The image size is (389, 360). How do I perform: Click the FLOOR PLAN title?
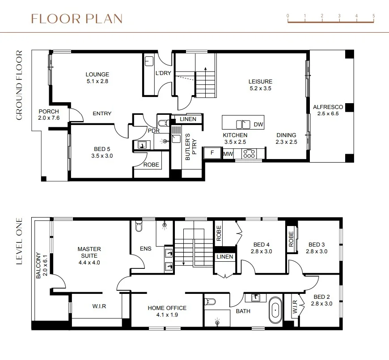[77, 19]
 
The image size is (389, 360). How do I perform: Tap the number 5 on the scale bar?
[374, 16]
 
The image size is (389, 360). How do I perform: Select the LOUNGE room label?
[97, 74]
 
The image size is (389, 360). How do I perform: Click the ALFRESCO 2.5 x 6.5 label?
[328, 110]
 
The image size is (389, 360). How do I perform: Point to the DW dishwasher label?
[258, 124]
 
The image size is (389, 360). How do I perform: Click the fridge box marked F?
[212, 153]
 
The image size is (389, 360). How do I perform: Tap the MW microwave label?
[228, 154]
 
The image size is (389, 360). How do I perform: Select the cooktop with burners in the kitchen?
[249, 154]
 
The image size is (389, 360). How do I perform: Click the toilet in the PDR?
[164, 123]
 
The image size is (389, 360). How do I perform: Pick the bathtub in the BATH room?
[275, 310]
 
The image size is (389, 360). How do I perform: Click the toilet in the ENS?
[139, 226]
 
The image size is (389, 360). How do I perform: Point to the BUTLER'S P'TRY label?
[191, 147]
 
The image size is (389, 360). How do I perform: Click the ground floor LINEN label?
[188, 119]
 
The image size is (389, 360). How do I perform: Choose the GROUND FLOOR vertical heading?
[19, 85]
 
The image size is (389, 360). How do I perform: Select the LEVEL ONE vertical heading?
[19, 241]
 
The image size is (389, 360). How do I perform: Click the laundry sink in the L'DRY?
[149, 61]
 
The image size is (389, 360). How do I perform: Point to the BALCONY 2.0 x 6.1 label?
[42, 265]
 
